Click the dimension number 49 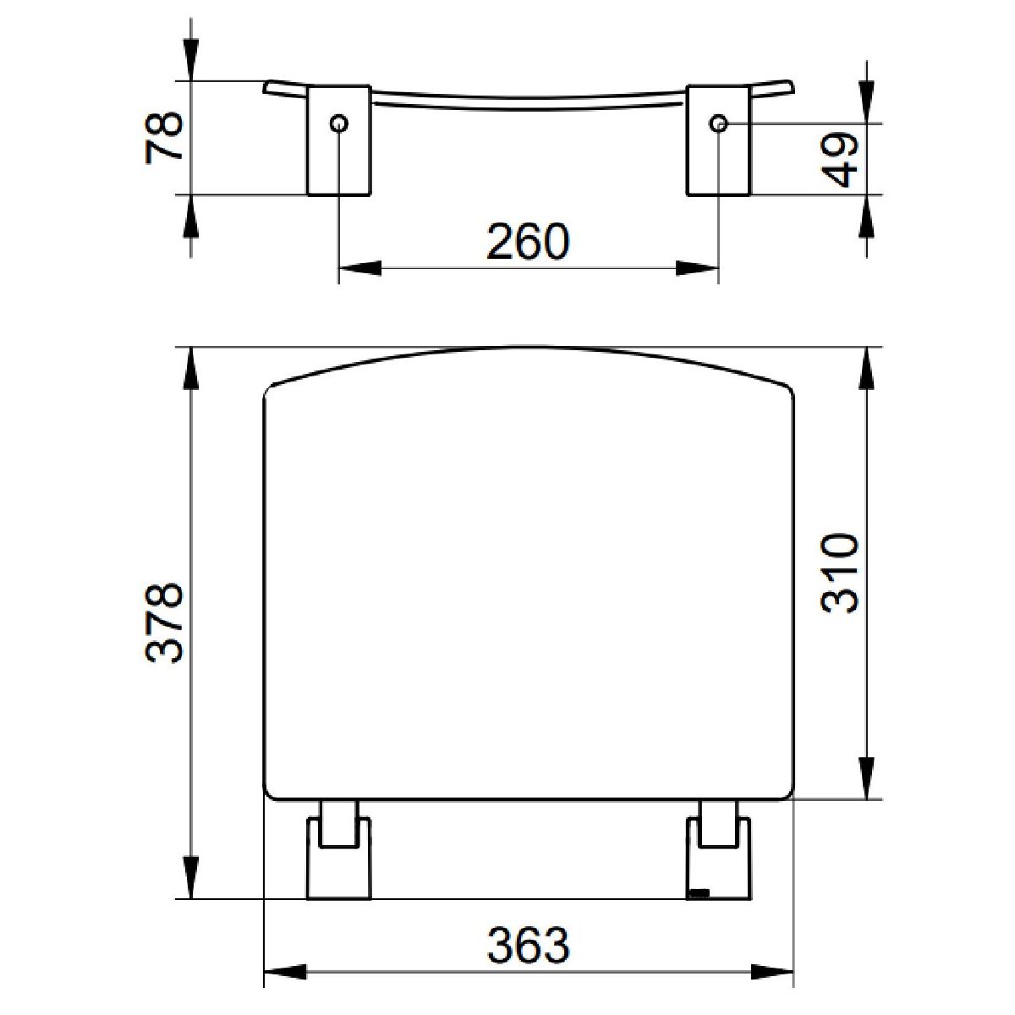(840, 160)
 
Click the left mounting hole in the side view (338, 123)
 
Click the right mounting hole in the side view (718, 123)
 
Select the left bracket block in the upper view (338, 140)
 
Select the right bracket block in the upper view (718, 140)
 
